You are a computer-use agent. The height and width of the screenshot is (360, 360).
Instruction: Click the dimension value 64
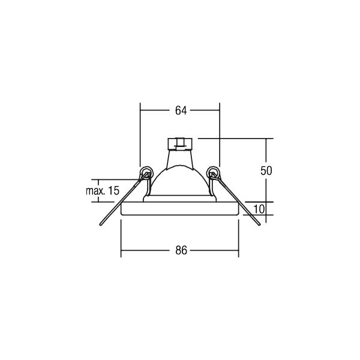181,110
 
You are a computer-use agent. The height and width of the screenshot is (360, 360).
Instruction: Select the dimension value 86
181,250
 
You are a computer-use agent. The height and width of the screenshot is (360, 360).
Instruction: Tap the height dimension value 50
266,170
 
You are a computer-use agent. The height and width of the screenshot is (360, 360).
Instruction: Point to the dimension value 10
259,209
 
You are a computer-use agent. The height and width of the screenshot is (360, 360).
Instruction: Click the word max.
95,191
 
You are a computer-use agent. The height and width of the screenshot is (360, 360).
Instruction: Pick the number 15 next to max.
113,191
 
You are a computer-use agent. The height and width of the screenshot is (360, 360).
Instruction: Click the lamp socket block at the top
180,144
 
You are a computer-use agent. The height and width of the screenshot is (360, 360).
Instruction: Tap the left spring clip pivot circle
146,172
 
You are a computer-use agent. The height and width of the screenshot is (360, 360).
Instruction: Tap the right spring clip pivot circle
212,172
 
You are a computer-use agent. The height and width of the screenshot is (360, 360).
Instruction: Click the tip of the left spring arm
100,224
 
